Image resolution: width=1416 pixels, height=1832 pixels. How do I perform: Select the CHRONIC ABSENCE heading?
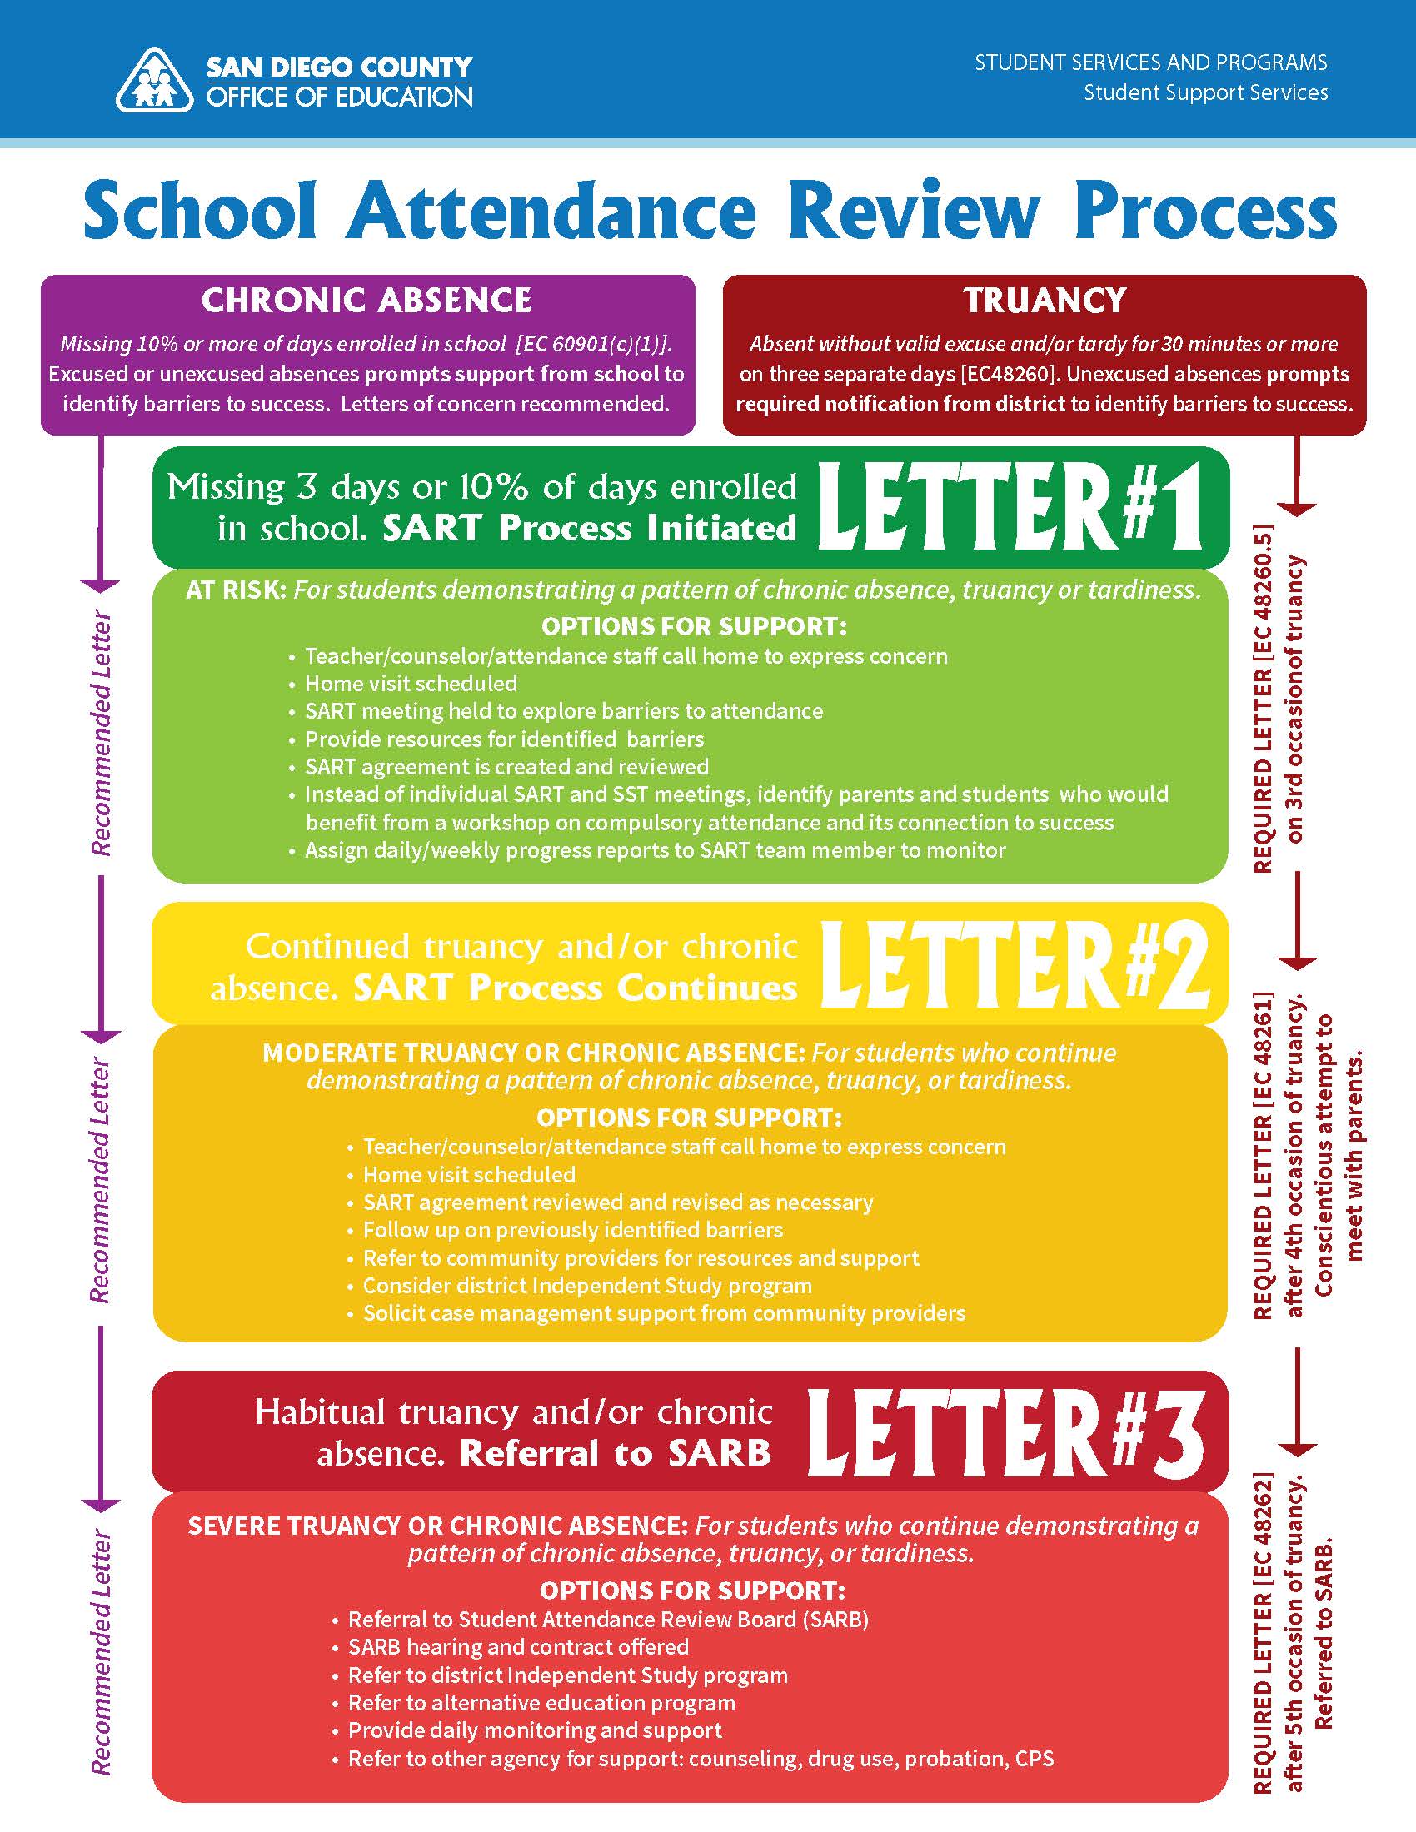pos(366,301)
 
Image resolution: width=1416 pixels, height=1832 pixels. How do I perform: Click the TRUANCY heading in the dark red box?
pos(1045,301)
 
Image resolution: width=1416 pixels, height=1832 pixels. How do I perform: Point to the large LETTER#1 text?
pos(1010,508)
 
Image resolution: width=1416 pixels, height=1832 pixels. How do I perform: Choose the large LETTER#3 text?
pos(1005,1435)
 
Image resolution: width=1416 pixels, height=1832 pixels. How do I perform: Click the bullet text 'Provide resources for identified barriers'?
pos(504,739)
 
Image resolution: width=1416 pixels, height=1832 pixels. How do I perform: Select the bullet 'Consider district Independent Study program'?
pos(587,1286)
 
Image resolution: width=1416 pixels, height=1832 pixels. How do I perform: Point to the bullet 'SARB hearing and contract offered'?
pos(518,1646)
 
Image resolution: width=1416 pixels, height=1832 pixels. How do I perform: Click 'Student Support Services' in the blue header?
pos(1205,92)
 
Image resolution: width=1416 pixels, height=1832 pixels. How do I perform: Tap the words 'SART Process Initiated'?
pos(589,529)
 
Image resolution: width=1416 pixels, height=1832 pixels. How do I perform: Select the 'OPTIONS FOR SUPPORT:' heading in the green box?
pos(694,626)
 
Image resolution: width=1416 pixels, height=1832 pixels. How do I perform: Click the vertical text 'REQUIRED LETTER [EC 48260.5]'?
pos(1263,699)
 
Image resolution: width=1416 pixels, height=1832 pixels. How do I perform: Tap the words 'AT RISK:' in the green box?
pos(236,590)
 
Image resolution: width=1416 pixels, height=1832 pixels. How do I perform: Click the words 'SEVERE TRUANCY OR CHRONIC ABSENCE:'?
pos(438,1526)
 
